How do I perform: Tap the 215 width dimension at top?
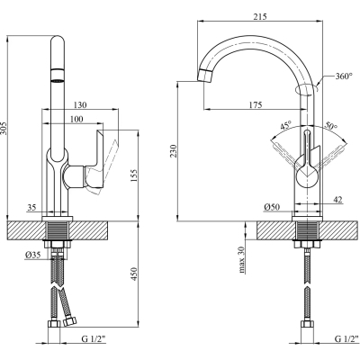[260, 16]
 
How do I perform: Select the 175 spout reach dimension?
[256, 105]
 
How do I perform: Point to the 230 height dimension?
[174, 151]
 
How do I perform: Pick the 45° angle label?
[285, 125]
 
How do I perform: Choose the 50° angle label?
[331, 125]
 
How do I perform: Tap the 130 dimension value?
[80, 105]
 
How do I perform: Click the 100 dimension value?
[76, 119]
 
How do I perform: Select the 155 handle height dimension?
[134, 175]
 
